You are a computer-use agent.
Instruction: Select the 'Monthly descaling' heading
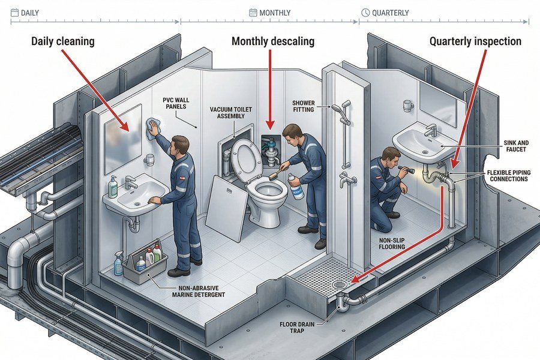click(x=272, y=43)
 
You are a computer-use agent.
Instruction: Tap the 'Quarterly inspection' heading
click(x=475, y=43)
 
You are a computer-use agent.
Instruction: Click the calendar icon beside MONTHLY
click(x=253, y=13)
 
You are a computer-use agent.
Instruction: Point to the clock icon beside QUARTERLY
click(x=365, y=13)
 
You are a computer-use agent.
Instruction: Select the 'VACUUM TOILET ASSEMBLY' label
click(x=230, y=113)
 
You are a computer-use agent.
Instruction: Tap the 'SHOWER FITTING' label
click(x=304, y=107)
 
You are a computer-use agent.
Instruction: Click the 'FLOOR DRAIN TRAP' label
click(x=300, y=327)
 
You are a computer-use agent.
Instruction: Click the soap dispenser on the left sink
click(x=113, y=187)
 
